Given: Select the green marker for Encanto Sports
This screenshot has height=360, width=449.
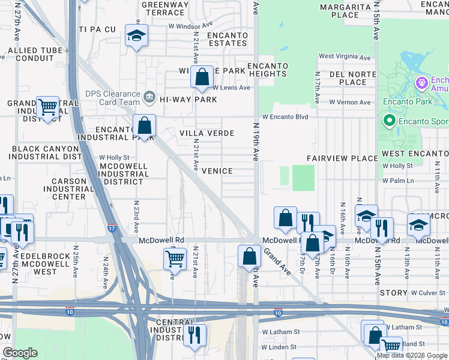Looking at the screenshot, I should pos(389,121).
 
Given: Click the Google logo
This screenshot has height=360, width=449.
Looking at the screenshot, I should pos(20,353).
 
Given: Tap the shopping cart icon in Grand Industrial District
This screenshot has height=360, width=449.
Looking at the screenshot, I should pos(47,108).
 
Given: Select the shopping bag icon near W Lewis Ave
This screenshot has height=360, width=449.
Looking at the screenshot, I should pos(202,77).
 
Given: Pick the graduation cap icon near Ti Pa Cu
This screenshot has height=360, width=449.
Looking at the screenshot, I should pos(136,36).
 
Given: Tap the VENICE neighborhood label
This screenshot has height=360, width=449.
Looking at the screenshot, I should pos(217,171).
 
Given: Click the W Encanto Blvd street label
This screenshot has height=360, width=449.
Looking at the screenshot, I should pos(285,117).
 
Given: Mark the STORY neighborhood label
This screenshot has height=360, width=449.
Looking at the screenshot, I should pos(394,293).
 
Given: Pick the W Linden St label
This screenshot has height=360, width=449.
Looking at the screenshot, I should pos(279,347).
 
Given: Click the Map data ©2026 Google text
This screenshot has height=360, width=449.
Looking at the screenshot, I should pos(412,355).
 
